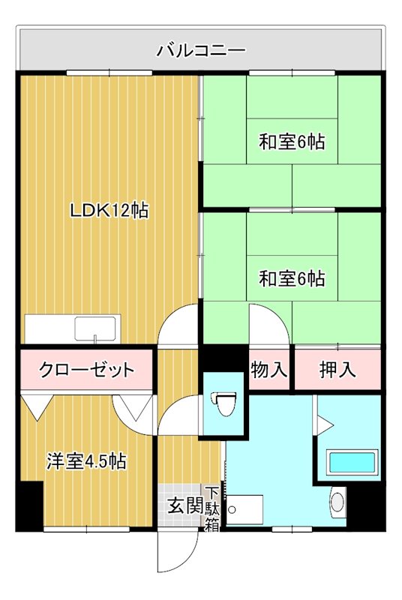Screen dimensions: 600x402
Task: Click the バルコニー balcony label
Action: pos(201,51)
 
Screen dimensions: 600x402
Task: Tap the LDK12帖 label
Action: pos(109,211)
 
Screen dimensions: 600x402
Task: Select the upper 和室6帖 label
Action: pos(292,141)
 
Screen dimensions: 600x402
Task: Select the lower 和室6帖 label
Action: pos(292,279)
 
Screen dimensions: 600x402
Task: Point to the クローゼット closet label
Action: pos(87,369)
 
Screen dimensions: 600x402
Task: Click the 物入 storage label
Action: pos(269,369)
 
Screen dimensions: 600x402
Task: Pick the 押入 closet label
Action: pos(337,369)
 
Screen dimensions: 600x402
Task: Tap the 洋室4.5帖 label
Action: pos(86,461)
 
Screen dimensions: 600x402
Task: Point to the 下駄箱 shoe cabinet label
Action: pos(212,509)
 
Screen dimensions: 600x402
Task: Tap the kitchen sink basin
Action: pos(95,328)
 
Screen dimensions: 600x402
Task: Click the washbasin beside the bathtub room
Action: pos(337,501)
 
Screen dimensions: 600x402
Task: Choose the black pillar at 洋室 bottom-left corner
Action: pos(29,505)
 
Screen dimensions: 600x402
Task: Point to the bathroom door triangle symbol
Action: pos(324,424)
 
